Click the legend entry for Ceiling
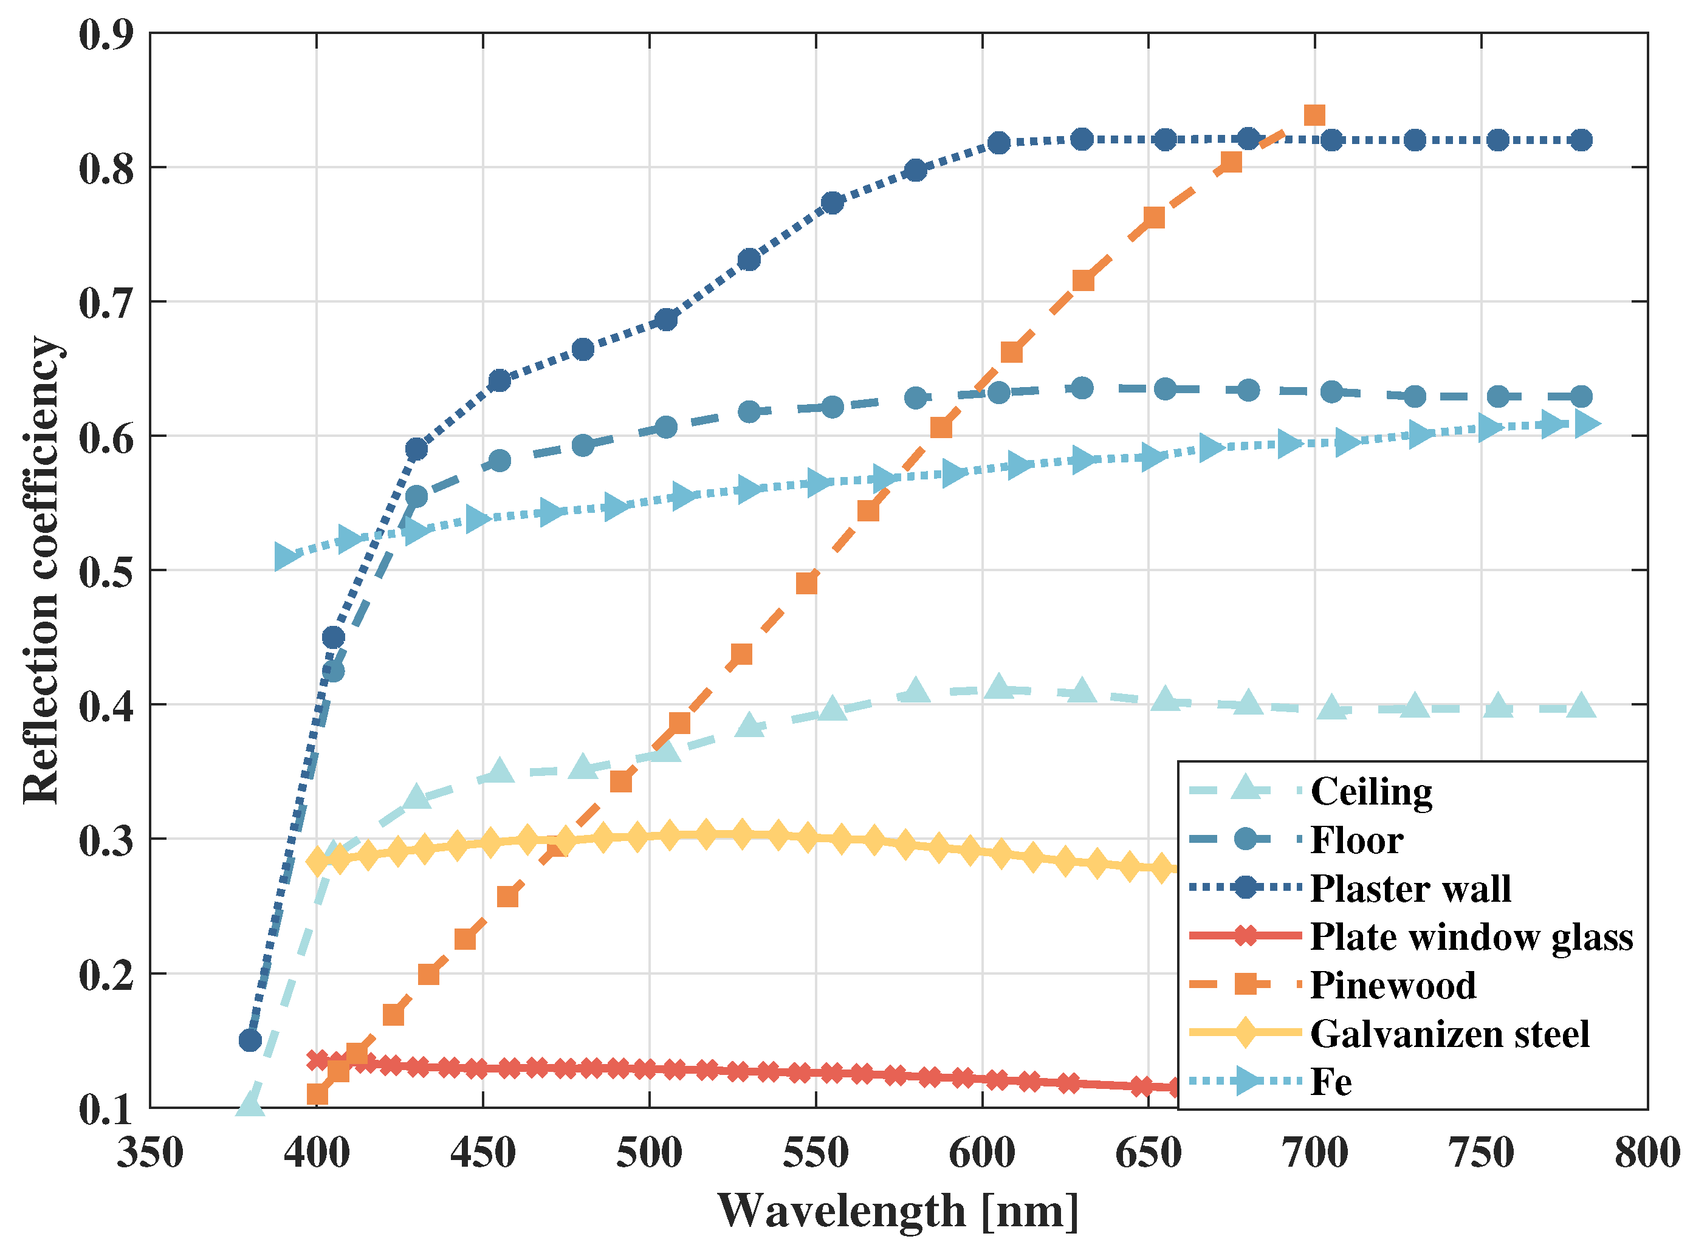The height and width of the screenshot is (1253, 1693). [1371, 791]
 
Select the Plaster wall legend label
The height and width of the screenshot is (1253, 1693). [1410, 888]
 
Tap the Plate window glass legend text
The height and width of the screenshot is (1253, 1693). [1471, 937]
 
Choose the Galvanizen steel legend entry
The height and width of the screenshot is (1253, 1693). [1449, 1034]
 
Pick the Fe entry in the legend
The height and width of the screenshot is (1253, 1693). [1330, 1082]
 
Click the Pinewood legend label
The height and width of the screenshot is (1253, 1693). [1393, 985]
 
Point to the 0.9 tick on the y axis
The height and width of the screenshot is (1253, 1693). [106, 35]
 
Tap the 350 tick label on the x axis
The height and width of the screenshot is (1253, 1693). [150, 1153]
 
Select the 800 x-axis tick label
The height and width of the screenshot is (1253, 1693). [1646, 1153]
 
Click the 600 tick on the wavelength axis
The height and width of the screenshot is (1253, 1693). [981, 1153]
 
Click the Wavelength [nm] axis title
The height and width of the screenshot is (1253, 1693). [898, 1210]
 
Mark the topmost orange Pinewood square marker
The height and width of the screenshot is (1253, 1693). [1314, 115]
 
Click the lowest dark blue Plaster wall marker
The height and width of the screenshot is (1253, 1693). [250, 1040]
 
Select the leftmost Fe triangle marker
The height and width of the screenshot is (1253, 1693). [285, 557]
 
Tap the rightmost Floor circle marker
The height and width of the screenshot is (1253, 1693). [1581, 396]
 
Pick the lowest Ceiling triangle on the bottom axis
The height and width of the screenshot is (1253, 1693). [250, 1104]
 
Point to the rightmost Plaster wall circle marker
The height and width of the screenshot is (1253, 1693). [1581, 140]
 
